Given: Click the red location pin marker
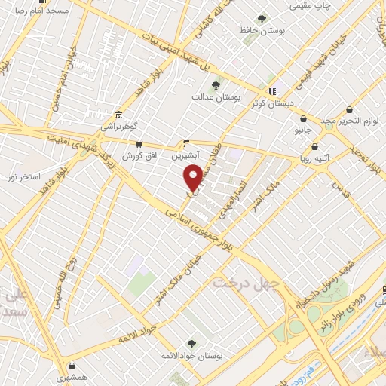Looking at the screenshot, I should pyautogui.click(x=193, y=176).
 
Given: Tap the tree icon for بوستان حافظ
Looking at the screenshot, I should pyautogui.click(x=262, y=19).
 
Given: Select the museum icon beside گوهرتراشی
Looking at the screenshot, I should pyautogui.click(x=118, y=115).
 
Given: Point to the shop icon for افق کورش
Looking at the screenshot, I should pyautogui.click(x=137, y=144).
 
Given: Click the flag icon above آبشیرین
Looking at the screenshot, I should pyautogui.click(x=188, y=142).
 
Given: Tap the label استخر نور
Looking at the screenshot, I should pyautogui.click(x=23, y=176).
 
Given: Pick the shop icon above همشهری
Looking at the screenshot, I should pyautogui.click(x=61, y=360).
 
